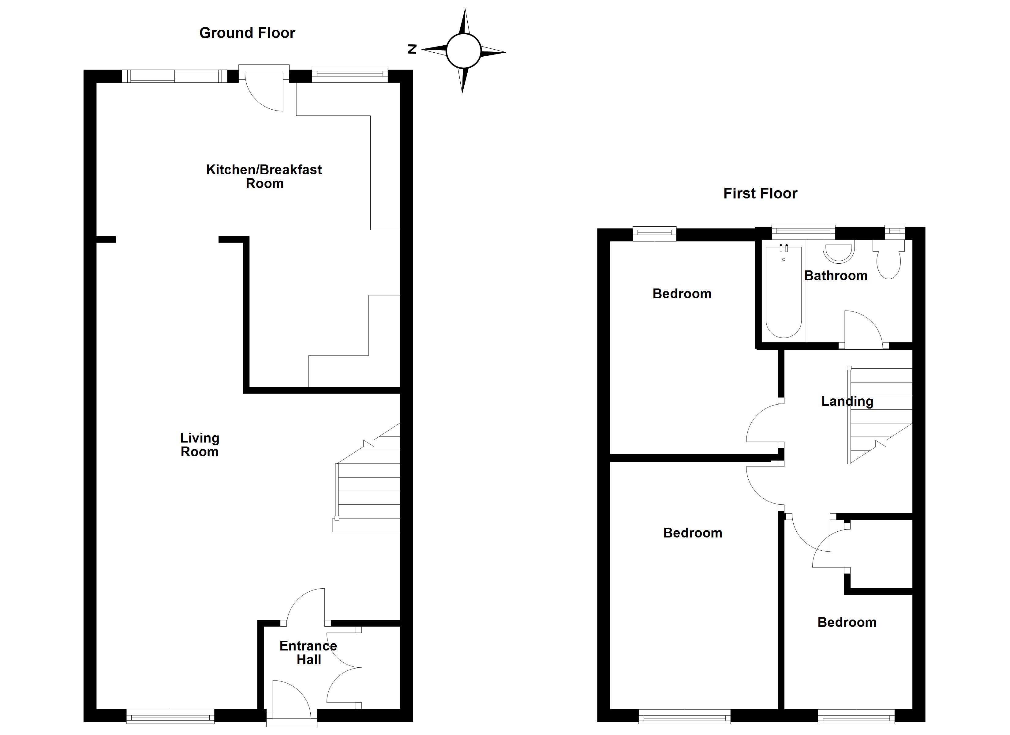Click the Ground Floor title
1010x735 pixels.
[247, 33]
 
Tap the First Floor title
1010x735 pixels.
[760, 194]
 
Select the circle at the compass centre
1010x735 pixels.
[464, 51]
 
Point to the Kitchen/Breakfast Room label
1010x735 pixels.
[264, 176]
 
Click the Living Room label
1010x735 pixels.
[200, 445]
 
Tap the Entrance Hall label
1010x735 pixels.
[308, 653]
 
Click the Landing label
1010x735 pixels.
[847, 401]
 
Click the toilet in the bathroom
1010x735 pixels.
[888, 263]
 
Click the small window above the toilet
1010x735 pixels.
[894, 230]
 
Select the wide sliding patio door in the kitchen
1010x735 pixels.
[174, 76]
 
